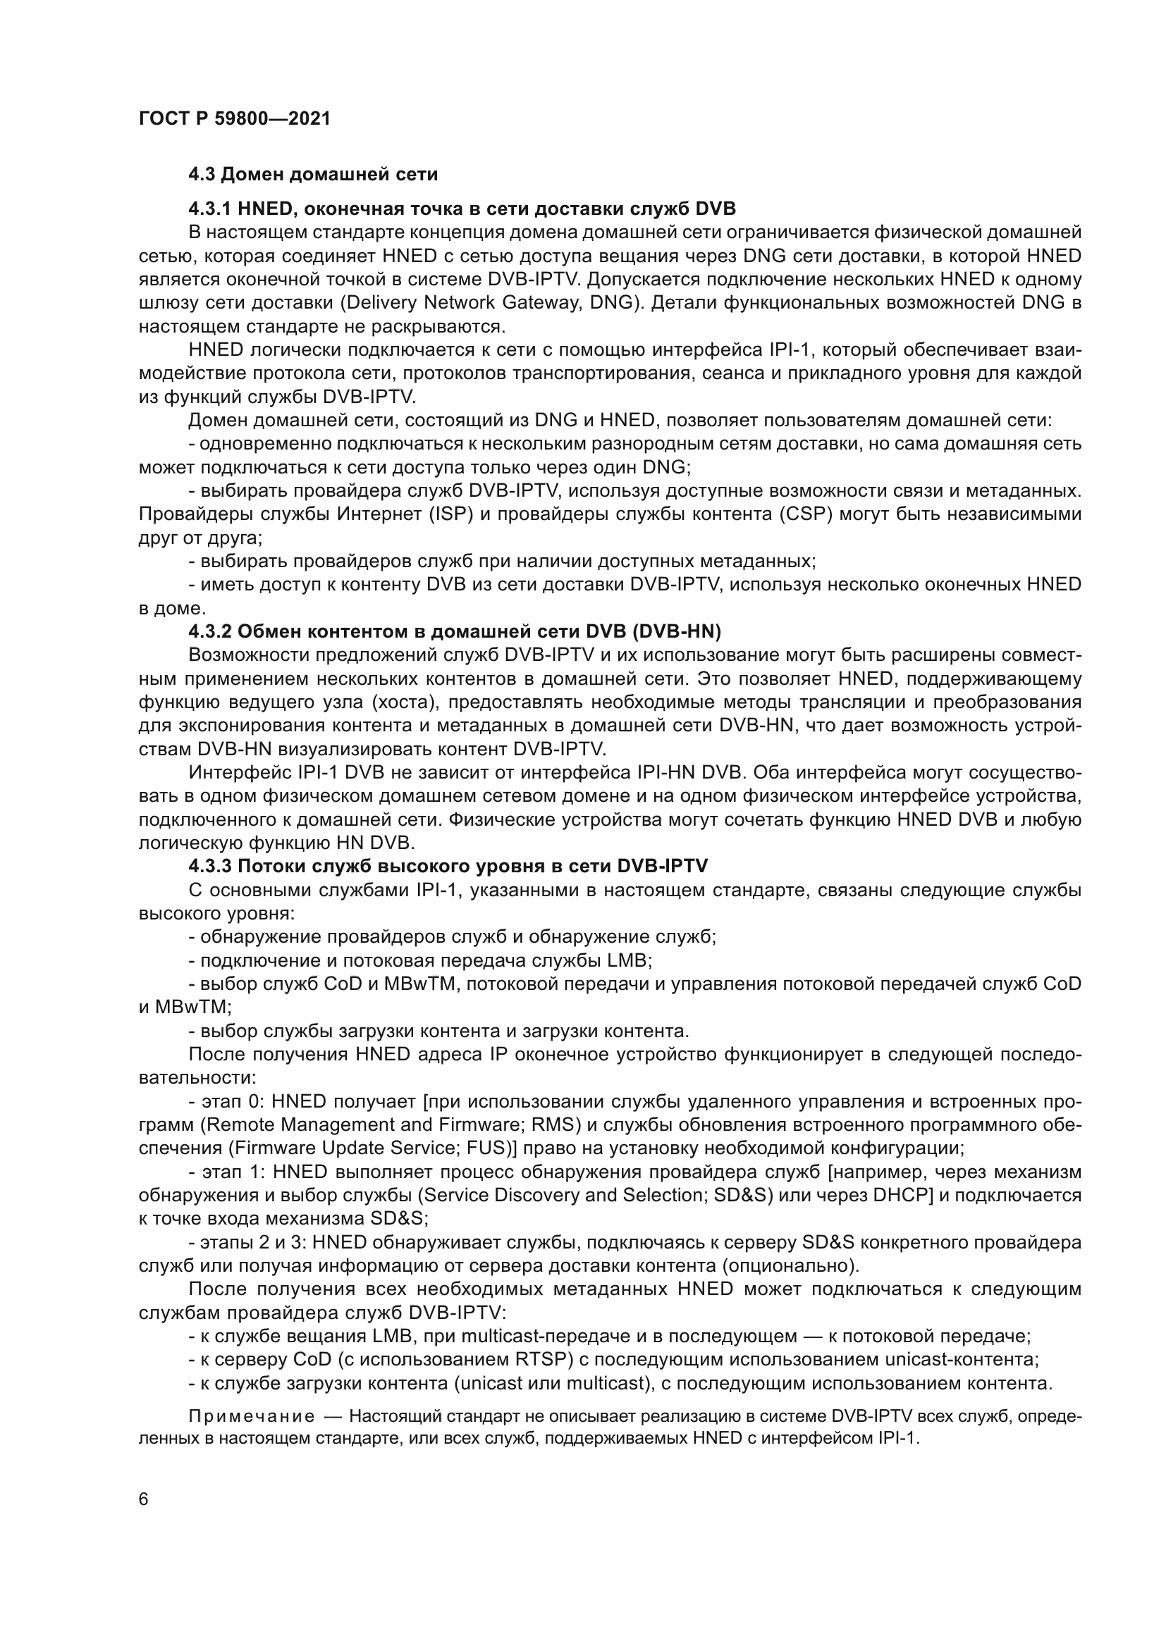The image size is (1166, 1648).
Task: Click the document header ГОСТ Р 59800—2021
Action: click(x=234, y=119)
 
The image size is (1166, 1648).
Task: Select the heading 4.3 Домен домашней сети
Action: click(x=313, y=175)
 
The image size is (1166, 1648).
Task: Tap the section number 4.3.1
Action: click(x=209, y=209)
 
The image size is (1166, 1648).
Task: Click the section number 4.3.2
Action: click(x=209, y=631)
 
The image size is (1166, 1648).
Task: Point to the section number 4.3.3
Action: click(x=209, y=867)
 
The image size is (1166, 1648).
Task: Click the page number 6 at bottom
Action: click(x=144, y=1499)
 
